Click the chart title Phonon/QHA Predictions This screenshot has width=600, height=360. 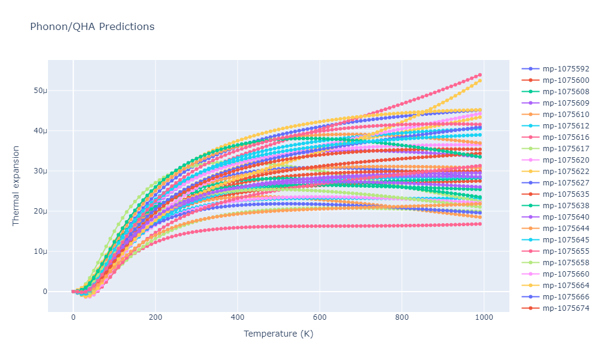point(92,26)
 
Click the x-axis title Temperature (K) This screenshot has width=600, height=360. point(278,334)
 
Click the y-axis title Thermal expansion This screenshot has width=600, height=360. point(16,185)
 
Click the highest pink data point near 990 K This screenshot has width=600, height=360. point(480,75)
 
